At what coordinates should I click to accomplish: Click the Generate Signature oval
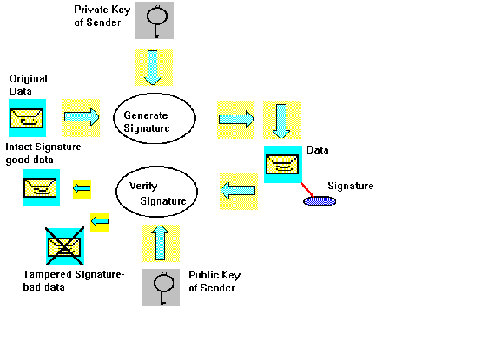(158, 120)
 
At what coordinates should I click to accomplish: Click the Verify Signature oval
(158, 193)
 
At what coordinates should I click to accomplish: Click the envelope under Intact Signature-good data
(41, 187)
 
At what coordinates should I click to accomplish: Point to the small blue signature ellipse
(319, 201)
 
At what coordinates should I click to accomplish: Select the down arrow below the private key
(154, 68)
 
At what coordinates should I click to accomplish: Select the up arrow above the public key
(161, 243)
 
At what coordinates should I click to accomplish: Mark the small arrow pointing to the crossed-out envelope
(99, 223)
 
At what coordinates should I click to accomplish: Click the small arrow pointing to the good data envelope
(81, 187)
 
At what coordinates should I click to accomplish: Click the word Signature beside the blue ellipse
(350, 186)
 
